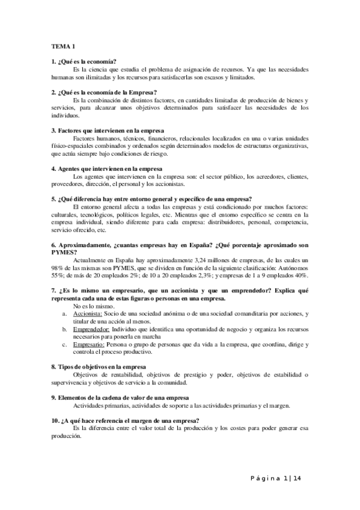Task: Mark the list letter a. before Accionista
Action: click(65, 314)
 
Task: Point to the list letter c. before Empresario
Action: click(65, 345)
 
